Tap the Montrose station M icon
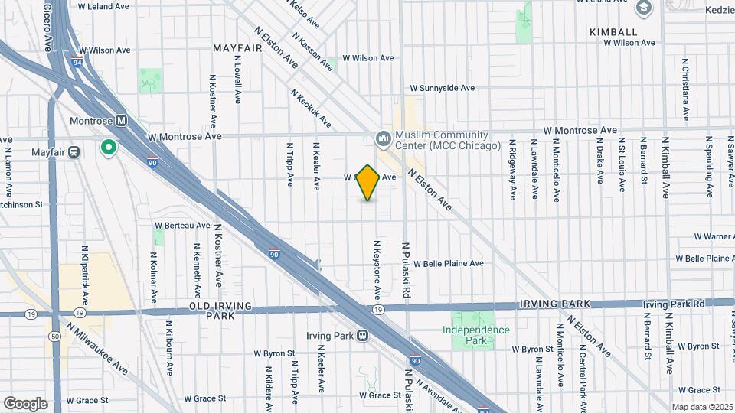(121, 121)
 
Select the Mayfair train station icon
(74, 151)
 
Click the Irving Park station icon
(362, 335)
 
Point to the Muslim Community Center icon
(382, 138)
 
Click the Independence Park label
(475, 335)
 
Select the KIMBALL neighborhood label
(613, 31)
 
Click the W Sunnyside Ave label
(443, 88)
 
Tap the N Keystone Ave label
(377, 270)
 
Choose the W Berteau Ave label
(182, 226)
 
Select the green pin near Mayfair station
(109, 147)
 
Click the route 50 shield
(54, 336)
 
